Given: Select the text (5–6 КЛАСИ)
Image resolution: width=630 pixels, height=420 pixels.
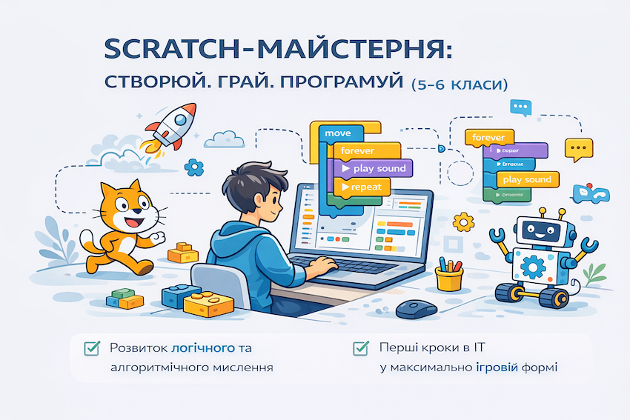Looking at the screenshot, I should tap(459, 83).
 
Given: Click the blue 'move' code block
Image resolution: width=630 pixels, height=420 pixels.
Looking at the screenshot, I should tap(339, 133).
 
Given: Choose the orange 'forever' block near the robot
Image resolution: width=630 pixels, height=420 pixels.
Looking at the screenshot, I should tap(488, 138).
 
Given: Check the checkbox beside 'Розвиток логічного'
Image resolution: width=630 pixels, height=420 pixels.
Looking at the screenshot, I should tap(93, 347).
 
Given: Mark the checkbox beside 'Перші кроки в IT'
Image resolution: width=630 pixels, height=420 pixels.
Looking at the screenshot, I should tap(361, 347).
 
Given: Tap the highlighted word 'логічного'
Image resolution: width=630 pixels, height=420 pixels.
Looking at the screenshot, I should tap(204, 347).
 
